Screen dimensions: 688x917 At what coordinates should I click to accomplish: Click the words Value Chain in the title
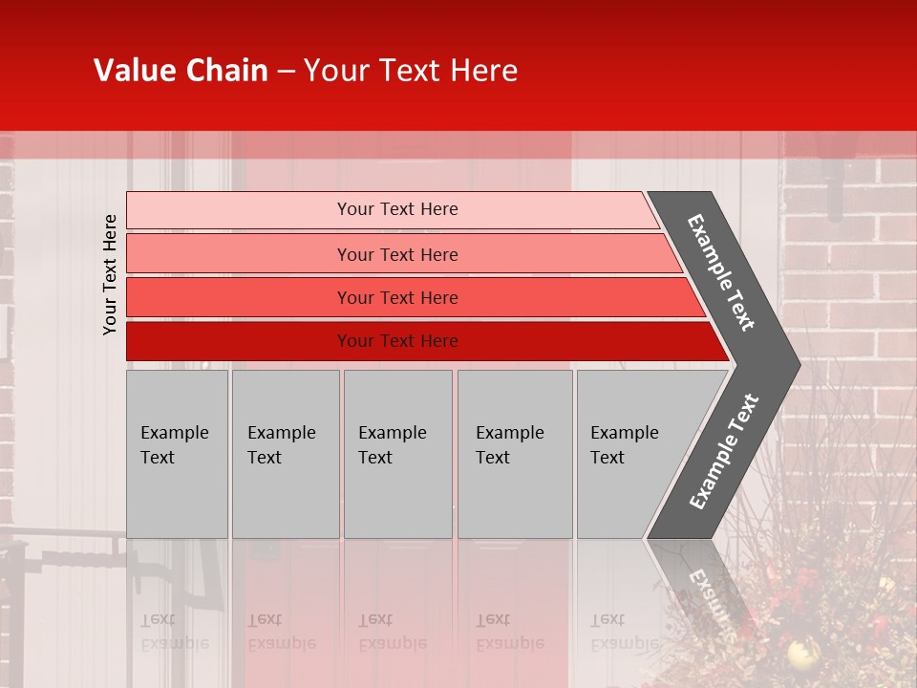click(x=181, y=71)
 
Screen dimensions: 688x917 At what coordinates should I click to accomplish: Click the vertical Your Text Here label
click(x=110, y=274)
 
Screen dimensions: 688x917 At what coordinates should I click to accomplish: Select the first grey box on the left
click(x=177, y=454)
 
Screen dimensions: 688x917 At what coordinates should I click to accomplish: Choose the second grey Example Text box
click(x=286, y=454)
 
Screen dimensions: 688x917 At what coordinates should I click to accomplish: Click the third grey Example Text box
click(x=397, y=454)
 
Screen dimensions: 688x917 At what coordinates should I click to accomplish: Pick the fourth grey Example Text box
click(x=515, y=454)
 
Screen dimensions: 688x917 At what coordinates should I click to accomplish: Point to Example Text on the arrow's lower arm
click(x=723, y=452)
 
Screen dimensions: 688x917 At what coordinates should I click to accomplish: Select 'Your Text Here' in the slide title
click(x=411, y=71)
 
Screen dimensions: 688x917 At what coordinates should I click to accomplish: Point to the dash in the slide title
click(x=286, y=72)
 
